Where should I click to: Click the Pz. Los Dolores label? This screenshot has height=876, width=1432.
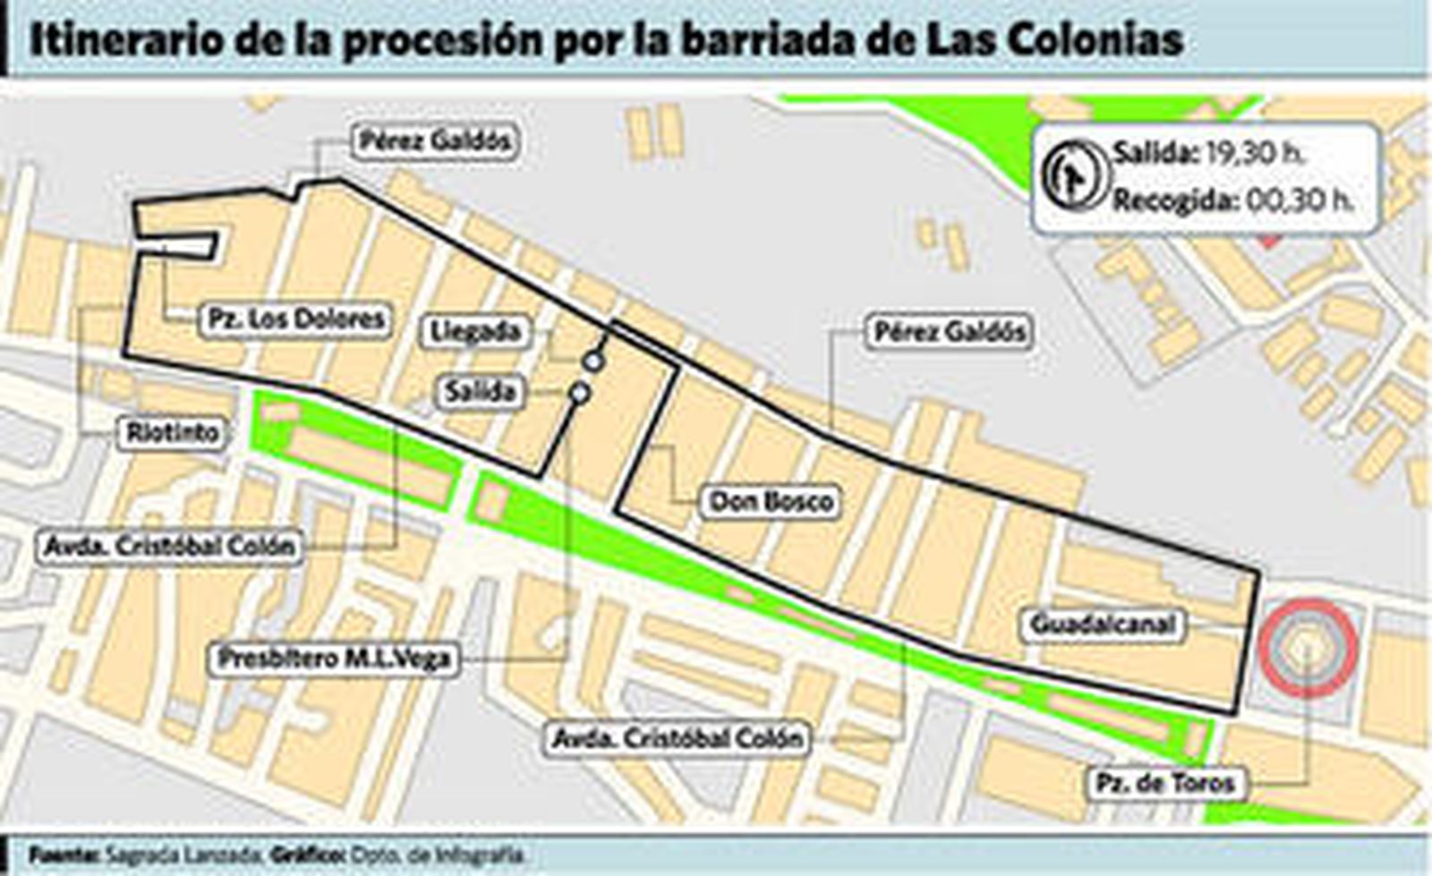coord(295,319)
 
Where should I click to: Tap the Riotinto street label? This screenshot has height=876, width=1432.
coord(173,433)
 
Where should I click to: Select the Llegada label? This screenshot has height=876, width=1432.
coord(475,332)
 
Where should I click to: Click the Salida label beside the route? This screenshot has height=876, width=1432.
coord(480,392)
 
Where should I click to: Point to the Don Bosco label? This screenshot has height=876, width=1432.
coord(771,501)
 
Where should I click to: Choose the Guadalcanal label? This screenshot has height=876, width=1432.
coord(1103,624)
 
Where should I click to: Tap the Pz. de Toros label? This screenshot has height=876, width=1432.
coord(1165,784)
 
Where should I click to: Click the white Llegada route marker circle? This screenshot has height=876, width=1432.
coord(592,361)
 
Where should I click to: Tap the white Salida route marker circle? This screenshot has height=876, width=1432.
coord(580,392)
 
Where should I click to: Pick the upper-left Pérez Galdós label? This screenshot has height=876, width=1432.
coord(434,141)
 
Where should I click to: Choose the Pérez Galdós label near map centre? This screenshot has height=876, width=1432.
coord(949,332)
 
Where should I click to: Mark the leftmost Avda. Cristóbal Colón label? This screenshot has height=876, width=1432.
coord(169,546)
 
